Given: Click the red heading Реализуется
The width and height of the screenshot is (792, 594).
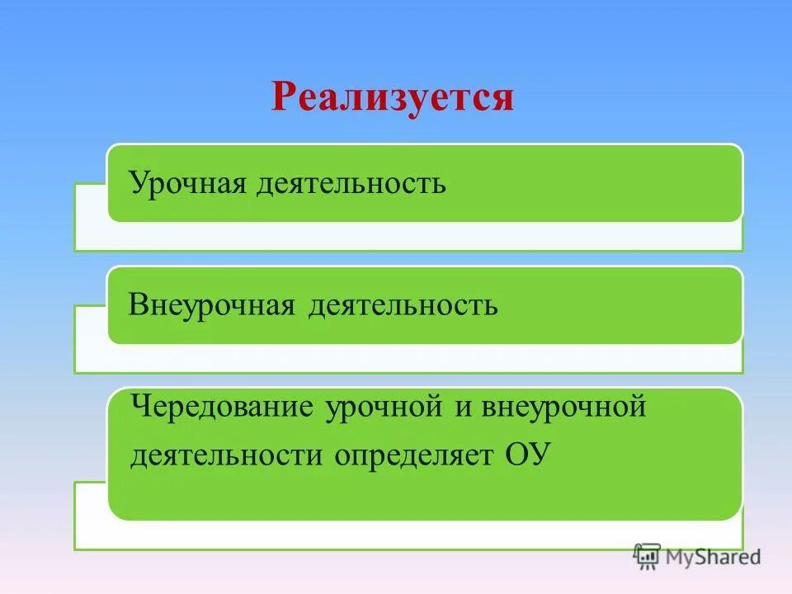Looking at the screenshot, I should (x=393, y=97).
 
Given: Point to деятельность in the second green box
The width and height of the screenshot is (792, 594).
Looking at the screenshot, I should (x=403, y=305).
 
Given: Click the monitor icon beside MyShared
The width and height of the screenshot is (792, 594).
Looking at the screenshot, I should (x=647, y=557).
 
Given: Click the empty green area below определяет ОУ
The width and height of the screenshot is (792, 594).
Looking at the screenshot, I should (x=412, y=495).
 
